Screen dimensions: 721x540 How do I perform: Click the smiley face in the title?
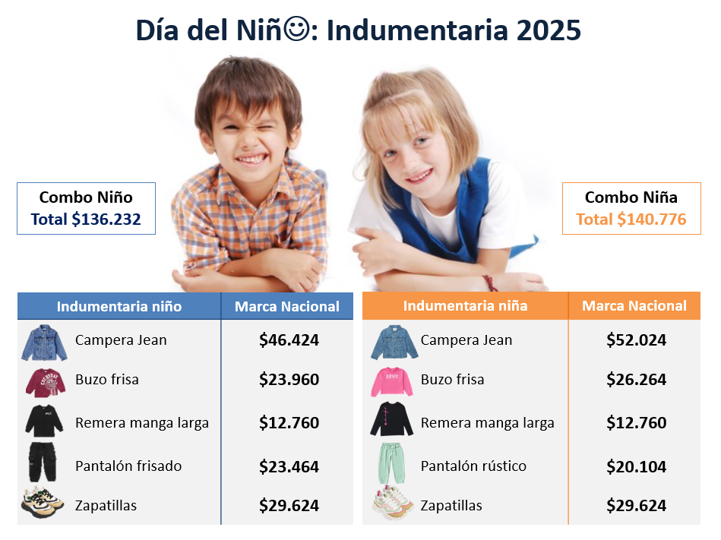coord(296,29)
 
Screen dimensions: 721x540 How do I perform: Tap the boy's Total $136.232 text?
coord(86,219)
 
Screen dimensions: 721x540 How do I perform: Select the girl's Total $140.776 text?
coord(631,219)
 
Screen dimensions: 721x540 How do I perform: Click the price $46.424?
coord(289,340)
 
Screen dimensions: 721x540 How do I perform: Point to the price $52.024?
coord(636,340)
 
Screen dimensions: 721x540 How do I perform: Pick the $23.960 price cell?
coord(289,380)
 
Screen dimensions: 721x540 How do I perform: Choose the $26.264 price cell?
coord(636,380)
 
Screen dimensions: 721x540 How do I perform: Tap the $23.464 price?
coord(289,467)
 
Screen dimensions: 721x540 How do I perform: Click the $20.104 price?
coord(636,467)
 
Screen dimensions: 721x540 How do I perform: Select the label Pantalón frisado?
coord(128,466)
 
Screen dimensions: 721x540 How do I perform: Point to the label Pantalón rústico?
coord(473,466)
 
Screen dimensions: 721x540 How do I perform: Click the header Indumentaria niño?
coord(119,307)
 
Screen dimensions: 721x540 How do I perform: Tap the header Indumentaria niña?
coord(465,306)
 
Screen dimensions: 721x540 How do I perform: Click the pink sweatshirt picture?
coord(392,381)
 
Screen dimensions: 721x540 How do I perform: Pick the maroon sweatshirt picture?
coord(45,382)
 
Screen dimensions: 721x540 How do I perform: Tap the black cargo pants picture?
coord(43,462)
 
